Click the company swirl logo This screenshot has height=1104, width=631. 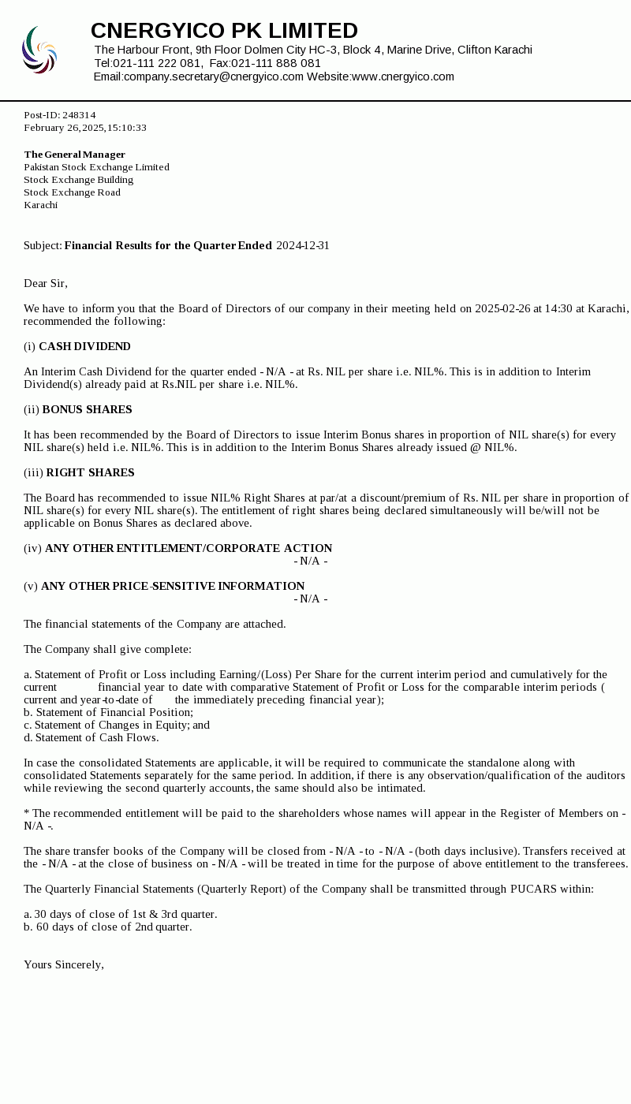point(39,50)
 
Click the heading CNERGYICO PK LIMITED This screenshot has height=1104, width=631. point(224,31)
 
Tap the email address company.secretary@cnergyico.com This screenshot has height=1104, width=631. point(213,76)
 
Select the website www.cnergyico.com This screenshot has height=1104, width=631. point(402,76)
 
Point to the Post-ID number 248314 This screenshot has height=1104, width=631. point(79,115)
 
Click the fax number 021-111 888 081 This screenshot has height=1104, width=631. point(276,63)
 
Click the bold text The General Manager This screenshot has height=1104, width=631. point(74,155)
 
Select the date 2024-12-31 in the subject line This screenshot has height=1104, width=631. point(303,246)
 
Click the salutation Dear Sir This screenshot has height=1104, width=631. point(45,284)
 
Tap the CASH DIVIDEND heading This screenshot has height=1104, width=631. point(84,347)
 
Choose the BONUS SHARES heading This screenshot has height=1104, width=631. point(87,410)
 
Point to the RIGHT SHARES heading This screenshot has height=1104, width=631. point(90,473)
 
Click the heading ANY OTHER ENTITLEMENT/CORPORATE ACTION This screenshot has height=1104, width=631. point(189,549)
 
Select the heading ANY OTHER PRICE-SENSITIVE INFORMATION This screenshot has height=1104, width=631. point(173,587)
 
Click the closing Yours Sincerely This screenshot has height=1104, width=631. point(64,965)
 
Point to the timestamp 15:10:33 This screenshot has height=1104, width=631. point(127,128)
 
